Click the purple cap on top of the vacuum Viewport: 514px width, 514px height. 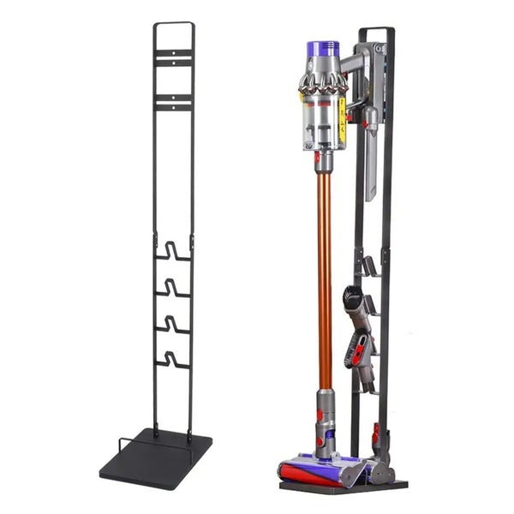[x=323, y=49]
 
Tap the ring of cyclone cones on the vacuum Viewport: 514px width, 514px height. [x=322, y=83]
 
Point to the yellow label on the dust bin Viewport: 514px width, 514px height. [x=342, y=120]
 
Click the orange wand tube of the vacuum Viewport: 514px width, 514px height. [x=325, y=274]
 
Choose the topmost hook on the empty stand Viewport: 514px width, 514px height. [x=173, y=252]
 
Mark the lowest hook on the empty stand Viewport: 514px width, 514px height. [x=173, y=360]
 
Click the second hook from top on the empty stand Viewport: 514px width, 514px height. [x=173, y=288]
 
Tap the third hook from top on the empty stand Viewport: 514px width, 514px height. [x=173, y=325]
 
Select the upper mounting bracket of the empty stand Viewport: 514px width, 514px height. [x=174, y=57]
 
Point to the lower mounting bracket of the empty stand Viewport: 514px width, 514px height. [x=174, y=103]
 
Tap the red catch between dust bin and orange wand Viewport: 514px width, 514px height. [x=320, y=158]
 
